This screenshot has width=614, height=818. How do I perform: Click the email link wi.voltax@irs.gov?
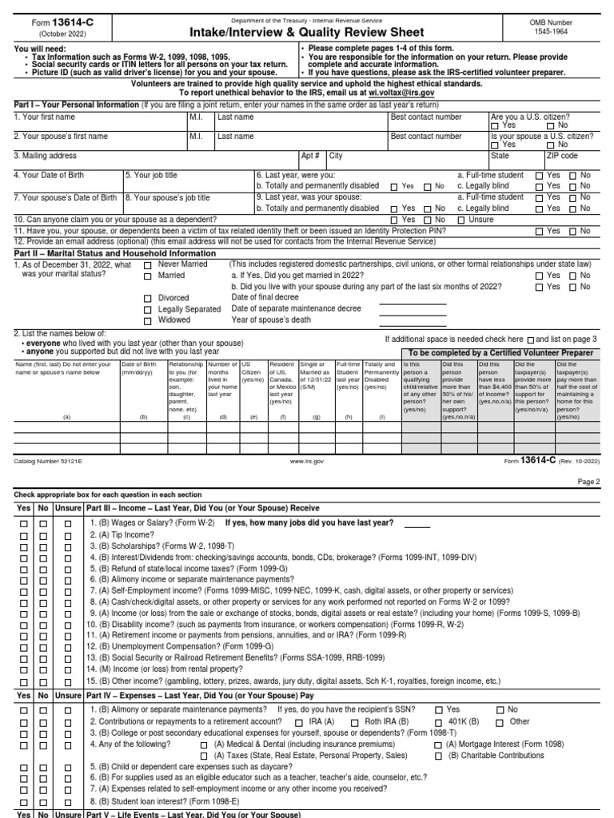(x=397, y=93)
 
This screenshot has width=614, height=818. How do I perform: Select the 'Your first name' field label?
(x=46, y=117)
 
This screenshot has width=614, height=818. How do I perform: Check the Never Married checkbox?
(x=147, y=264)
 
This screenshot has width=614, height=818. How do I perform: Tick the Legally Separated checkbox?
(x=147, y=309)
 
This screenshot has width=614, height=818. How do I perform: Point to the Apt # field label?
(x=310, y=156)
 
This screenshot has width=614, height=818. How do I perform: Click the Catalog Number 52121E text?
(x=48, y=461)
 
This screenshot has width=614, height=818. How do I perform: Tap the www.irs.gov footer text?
(x=306, y=461)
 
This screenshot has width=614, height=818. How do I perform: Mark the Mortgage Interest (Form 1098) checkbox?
(x=439, y=744)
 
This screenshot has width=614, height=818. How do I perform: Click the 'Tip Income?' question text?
(x=114, y=534)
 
